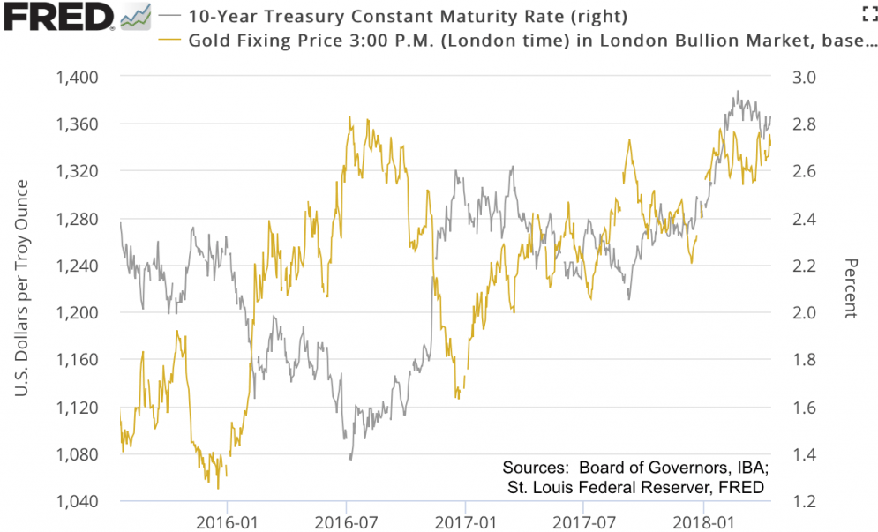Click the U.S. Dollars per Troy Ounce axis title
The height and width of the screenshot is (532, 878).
pos(23,287)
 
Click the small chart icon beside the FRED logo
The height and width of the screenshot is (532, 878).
pos(135,16)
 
